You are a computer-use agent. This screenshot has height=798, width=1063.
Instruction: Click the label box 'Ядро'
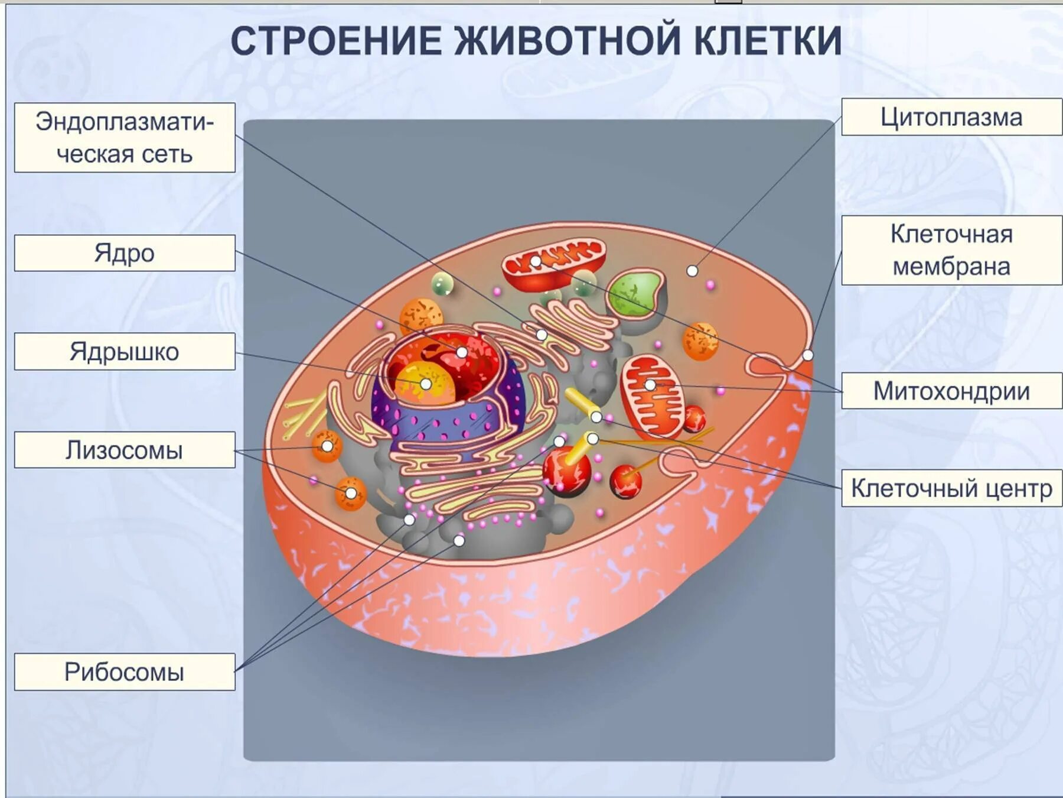(x=125, y=253)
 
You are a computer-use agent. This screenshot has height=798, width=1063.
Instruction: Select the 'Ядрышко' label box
(x=125, y=352)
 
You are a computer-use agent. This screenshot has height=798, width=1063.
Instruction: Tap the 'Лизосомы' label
(x=125, y=450)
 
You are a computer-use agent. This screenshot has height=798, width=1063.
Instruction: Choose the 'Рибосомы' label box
(x=125, y=672)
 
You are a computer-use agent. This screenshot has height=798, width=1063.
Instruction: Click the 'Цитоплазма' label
(x=951, y=117)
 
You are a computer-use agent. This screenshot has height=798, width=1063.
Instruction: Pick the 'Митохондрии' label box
(x=951, y=391)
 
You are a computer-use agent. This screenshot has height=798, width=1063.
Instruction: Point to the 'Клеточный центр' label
(x=951, y=488)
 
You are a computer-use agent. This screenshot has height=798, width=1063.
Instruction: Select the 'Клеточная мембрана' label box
(x=951, y=250)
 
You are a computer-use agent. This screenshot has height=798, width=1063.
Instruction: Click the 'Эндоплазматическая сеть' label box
(x=125, y=138)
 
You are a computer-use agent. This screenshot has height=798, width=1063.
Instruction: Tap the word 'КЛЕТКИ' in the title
(x=767, y=41)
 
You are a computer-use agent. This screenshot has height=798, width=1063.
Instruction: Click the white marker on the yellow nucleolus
(x=426, y=384)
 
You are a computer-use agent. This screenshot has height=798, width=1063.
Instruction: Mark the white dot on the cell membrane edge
(x=808, y=355)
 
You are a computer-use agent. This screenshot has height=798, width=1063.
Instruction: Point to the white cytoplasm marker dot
(x=692, y=271)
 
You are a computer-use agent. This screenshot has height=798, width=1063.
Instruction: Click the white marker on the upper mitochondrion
(x=536, y=261)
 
